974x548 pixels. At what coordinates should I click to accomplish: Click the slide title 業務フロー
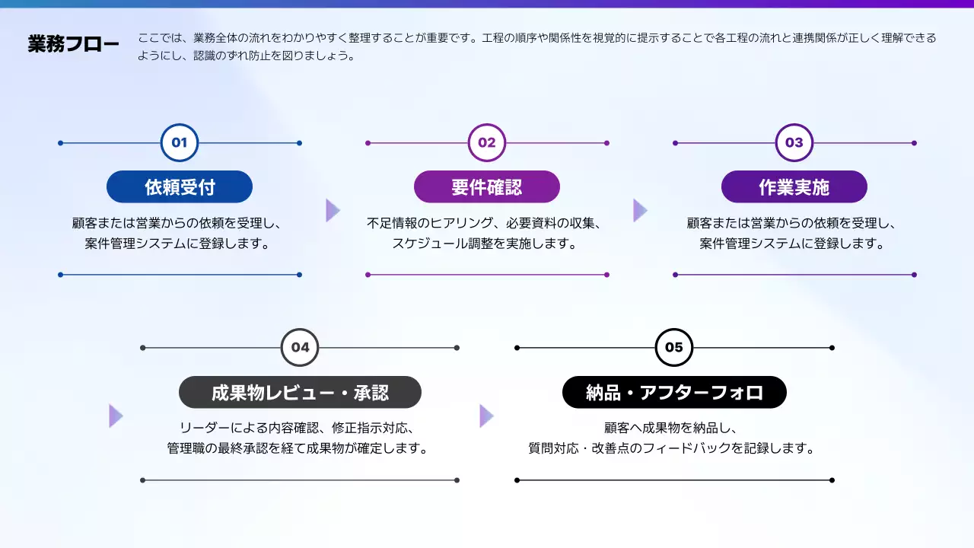click(73, 45)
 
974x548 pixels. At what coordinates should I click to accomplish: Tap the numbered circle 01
click(180, 142)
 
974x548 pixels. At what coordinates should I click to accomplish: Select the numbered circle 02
click(487, 142)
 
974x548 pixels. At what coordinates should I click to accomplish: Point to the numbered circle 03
click(794, 142)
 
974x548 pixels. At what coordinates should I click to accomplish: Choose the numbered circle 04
click(300, 348)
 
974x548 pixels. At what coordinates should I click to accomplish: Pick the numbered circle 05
click(674, 348)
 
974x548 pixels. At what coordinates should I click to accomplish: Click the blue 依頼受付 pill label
click(180, 186)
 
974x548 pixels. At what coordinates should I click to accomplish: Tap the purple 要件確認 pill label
click(487, 186)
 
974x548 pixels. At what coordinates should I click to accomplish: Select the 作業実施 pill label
click(794, 186)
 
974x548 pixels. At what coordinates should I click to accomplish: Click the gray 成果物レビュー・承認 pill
click(300, 392)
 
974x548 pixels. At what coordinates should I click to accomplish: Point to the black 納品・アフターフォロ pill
click(674, 392)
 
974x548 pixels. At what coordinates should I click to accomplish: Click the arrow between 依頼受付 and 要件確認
click(333, 210)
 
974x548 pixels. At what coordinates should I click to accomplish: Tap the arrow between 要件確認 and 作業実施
click(640, 210)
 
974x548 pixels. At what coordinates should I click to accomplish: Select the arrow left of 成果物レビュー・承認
click(116, 416)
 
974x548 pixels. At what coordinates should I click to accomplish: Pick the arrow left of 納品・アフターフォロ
click(486, 416)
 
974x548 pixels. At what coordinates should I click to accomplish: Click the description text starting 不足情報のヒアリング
click(485, 224)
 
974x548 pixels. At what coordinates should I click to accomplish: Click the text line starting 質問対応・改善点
click(672, 448)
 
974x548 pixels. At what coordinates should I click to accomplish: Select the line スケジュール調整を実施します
click(485, 244)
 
